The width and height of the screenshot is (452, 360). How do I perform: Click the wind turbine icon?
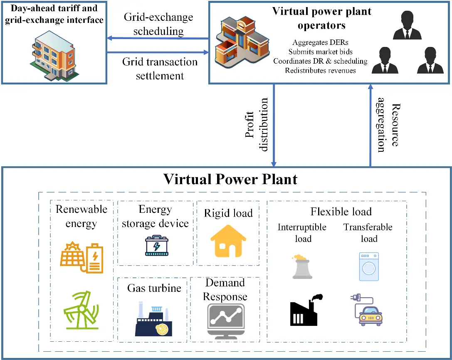pyautogui.click(x=82, y=310)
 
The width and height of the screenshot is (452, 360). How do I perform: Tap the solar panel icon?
pyautogui.click(x=82, y=258)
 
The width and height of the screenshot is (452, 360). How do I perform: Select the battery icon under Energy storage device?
pyautogui.click(x=156, y=246)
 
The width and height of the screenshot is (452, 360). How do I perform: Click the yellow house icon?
pyautogui.click(x=228, y=241)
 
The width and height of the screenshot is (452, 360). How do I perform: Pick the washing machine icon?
pyautogui.click(x=369, y=266)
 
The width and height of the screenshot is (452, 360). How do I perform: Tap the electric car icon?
pyautogui.click(x=367, y=310)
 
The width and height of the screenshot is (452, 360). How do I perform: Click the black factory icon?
pyautogui.click(x=306, y=310)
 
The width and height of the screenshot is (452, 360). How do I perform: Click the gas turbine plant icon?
pyautogui.click(x=153, y=319)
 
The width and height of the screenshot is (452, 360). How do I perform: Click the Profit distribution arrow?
pyautogui.click(x=274, y=126)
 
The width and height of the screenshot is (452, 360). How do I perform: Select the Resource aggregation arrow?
pyautogui.click(x=370, y=126)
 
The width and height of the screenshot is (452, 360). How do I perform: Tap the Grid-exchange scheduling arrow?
pyautogui.click(x=158, y=38)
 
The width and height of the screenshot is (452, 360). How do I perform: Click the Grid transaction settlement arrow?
pyautogui.click(x=158, y=52)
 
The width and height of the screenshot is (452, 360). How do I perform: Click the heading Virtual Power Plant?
pyautogui.click(x=230, y=179)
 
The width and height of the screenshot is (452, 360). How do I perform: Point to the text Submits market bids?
pyautogui.click(x=320, y=52)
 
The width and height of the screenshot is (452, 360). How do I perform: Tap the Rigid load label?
pyautogui.click(x=228, y=213)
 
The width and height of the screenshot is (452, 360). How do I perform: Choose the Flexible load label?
pyautogui.click(x=341, y=212)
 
